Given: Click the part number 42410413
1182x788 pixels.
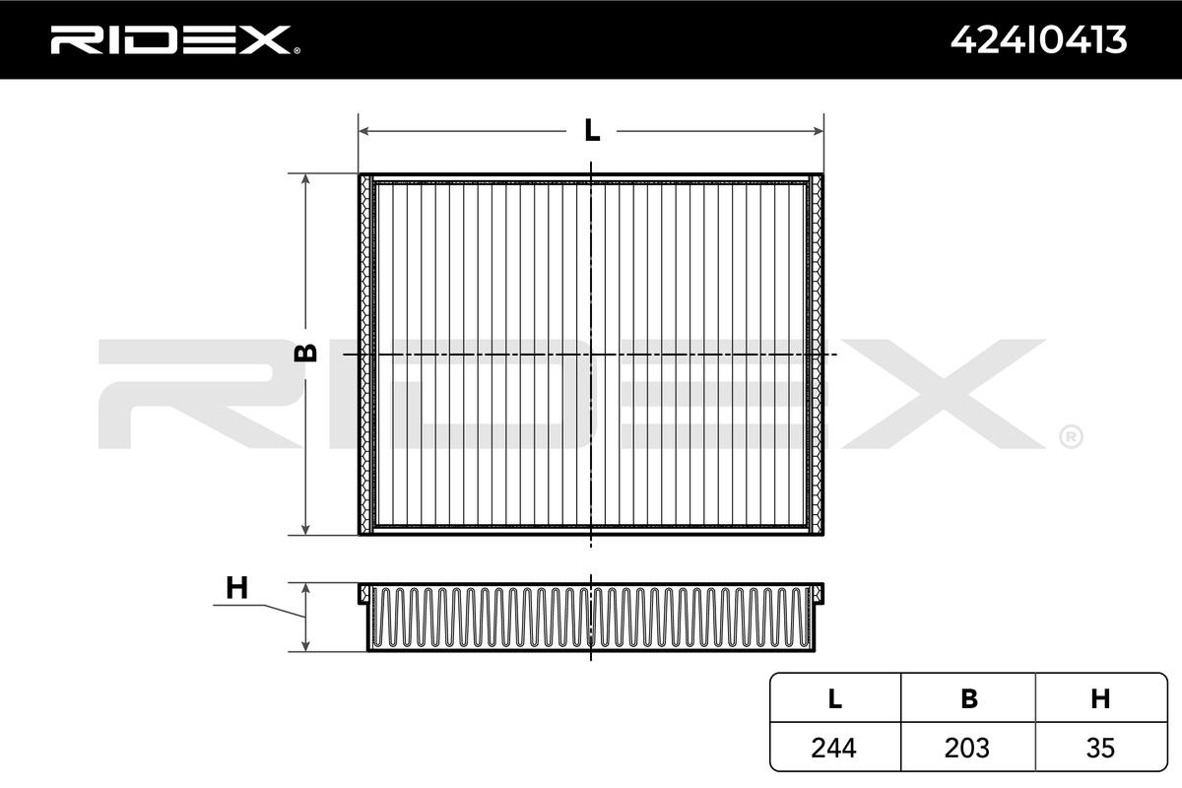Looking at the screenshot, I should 1037,39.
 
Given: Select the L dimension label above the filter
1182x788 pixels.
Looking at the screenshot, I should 591,130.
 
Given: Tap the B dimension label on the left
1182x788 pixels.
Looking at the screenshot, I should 306,353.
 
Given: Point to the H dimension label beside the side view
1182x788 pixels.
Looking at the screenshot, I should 236,588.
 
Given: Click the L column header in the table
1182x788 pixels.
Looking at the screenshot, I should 835,698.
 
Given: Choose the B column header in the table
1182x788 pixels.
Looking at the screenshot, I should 968,698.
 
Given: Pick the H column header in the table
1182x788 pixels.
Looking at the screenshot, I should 1100,698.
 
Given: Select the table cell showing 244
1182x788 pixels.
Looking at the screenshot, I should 835,748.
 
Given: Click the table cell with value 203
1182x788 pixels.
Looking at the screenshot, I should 968,748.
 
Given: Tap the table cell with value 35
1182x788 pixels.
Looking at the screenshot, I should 1100,748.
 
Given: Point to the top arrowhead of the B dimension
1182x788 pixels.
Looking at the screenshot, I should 306,180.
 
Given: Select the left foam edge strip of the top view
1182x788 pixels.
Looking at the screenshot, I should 368,355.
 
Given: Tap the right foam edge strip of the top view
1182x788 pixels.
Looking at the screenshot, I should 814,355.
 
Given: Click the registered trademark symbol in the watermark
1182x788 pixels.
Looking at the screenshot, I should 1070,435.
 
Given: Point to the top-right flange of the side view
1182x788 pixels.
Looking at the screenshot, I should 817,591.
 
